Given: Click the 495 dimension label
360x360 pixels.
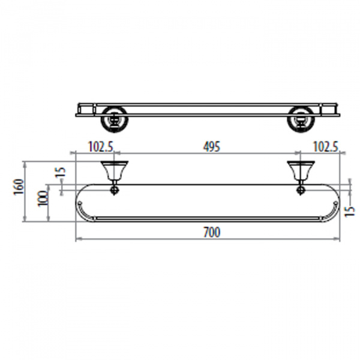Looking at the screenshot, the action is coord(211,146).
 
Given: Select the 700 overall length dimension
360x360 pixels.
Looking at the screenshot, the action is coord(212,232).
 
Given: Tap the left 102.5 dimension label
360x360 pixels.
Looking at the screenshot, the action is coord(101,146).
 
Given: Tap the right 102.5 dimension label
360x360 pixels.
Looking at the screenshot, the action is coord(326,146).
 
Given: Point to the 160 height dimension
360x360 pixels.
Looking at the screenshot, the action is coord(19,187).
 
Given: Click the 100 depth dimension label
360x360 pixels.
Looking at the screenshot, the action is coord(43,199).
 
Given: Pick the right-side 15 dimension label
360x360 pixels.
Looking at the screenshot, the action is coord(350,211).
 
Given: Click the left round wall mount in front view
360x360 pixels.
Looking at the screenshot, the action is coord(114,119).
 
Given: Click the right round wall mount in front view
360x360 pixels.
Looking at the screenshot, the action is coord(301,119).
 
